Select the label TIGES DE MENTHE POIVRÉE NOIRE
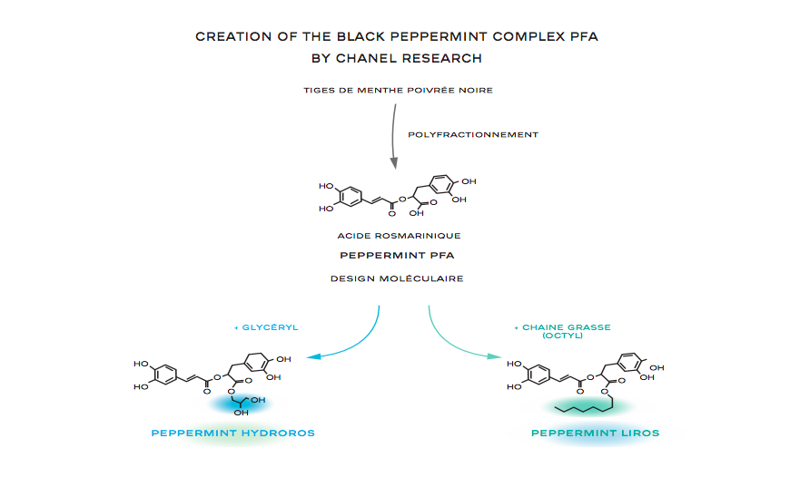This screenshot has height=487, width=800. click(399, 90)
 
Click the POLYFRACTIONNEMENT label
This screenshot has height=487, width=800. click(473, 134)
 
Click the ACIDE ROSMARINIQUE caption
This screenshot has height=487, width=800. click(399, 236)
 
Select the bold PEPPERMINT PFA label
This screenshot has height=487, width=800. click(399, 256)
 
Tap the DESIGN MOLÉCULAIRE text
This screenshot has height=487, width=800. click(399, 278)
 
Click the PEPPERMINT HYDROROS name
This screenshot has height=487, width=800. click(233, 433)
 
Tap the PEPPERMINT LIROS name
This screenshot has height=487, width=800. click(595, 433)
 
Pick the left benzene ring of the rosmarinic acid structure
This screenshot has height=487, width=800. click(349, 197)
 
